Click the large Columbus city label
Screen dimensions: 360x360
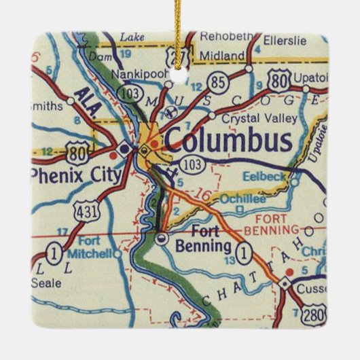coord(228,141)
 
